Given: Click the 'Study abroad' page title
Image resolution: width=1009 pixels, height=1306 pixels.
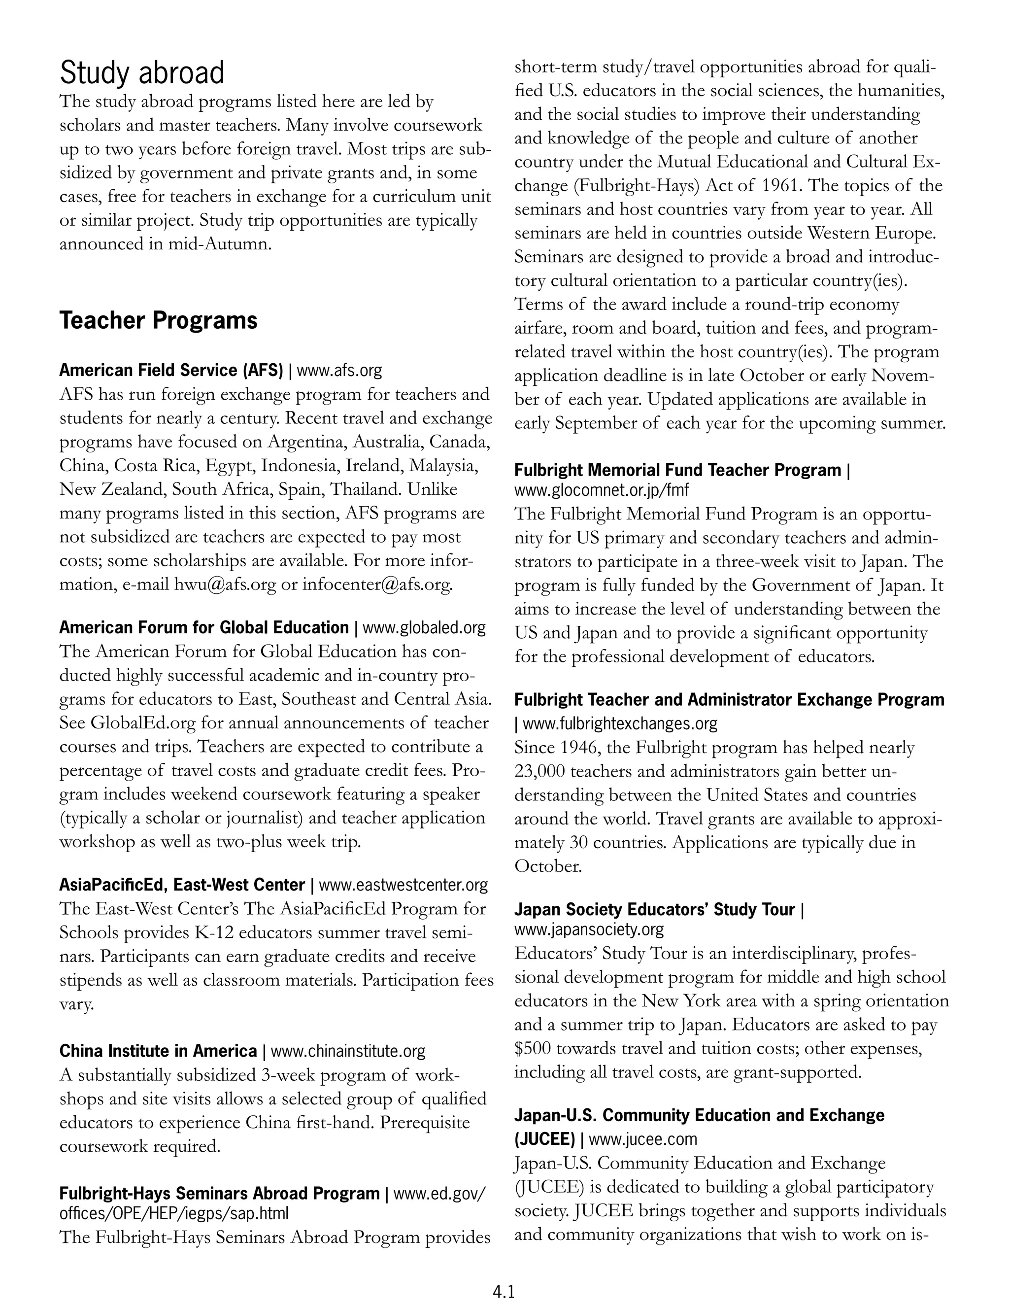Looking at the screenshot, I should (x=142, y=73).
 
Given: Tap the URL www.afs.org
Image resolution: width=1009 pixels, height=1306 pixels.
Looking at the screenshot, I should (x=339, y=371).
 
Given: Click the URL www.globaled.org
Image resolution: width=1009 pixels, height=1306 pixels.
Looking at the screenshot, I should (x=424, y=628).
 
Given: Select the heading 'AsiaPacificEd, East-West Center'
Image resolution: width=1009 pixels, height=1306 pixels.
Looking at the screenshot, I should (x=182, y=885).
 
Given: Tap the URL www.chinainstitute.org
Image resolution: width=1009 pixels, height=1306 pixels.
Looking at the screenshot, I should (x=348, y=1051).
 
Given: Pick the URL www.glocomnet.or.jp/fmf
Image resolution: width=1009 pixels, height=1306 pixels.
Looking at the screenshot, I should (x=602, y=490).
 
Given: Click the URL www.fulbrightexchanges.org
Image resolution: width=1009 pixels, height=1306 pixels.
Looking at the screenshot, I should (x=620, y=723).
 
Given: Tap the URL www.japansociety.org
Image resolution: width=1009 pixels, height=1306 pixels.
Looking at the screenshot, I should (x=589, y=930).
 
